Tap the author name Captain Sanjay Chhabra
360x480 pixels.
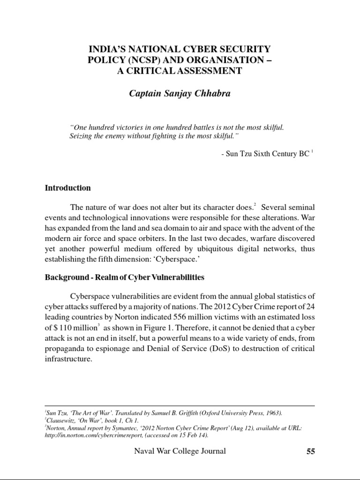pos(180,93)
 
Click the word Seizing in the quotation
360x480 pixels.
pos(80,135)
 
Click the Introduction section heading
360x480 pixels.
pos(67,188)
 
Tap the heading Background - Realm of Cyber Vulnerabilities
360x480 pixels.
pos(124,277)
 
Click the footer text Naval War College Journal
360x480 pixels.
pos(180,451)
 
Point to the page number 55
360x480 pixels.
pos(310,452)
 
